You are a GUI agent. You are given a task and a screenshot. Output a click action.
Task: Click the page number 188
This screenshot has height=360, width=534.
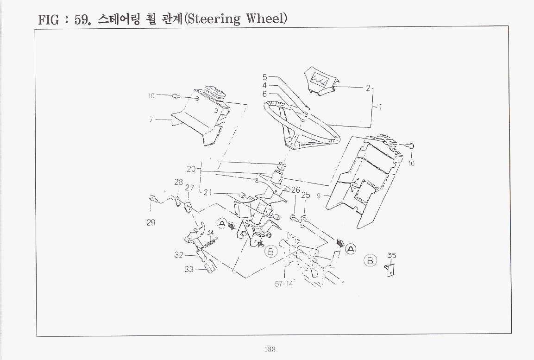click(x=270, y=349)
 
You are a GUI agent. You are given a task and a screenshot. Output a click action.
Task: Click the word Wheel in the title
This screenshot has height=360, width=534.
click(x=266, y=18)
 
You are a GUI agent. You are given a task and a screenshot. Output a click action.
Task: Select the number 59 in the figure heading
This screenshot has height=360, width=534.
click(x=82, y=19)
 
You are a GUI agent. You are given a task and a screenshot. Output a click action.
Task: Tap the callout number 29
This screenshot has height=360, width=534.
click(x=151, y=222)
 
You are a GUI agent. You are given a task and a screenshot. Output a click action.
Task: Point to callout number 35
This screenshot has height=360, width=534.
click(x=392, y=255)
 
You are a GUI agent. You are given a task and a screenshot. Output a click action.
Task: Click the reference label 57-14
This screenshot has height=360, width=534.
click(x=284, y=284)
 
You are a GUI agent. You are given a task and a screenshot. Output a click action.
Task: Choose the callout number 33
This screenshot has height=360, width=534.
click(x=188, y=269)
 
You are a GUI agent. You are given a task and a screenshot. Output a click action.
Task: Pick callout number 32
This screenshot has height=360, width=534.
click(x=179, y=255)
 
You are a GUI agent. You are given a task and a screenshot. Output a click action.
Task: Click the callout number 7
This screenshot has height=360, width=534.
click(x=151, y=120)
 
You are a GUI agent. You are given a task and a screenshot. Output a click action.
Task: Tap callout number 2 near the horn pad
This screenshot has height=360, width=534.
click(x=368, y=88)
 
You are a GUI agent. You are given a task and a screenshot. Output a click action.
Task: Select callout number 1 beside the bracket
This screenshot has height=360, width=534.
click(x=380, y=107)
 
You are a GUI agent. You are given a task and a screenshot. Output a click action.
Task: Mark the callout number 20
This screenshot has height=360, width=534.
click(x=191, y=169)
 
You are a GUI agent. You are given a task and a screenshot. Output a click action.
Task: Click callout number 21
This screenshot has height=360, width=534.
click(x=208, y=193)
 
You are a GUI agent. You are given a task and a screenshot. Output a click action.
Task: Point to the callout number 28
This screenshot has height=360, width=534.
click(x=178, y=182)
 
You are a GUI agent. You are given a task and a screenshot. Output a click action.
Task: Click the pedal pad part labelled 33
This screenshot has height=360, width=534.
click(x=210, y=265)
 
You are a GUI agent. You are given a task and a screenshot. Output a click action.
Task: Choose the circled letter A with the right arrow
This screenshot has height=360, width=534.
click(x=351, y=249)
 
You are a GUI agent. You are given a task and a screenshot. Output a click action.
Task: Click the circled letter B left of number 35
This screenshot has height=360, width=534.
click(x=370, y=260)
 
